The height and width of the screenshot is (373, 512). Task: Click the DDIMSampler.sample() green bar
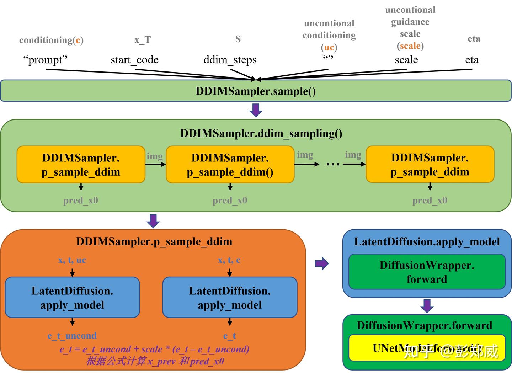click(256, 91)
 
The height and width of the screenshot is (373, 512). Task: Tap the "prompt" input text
click(45, 60)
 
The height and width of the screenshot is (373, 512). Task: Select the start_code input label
click(134, 60)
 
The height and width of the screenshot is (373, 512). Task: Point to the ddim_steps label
click(230, 60)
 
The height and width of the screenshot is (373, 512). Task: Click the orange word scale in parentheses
click(410, 46)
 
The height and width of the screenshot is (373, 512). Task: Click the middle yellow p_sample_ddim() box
click(230, 165)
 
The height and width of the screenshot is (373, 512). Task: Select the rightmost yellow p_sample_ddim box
click(430, 165)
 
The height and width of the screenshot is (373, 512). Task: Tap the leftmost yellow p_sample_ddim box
click(81, 165)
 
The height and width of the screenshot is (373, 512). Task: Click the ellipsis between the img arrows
click(333, 164)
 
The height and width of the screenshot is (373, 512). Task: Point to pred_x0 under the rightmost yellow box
click(430, 201)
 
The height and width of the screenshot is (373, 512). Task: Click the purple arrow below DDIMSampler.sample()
click(256, 110)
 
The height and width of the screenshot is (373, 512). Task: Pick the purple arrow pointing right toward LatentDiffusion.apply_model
click(322, 263)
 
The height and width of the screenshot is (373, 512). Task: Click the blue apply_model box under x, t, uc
click(72, 298)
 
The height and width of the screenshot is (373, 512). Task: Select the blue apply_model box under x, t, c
click(230, 298)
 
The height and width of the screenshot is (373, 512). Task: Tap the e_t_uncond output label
click(72, 336)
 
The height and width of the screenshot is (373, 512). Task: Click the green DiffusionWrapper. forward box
click(427, 272)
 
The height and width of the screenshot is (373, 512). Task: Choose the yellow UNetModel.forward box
click(427, 348)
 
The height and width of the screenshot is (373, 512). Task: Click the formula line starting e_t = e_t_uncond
click(154, 349)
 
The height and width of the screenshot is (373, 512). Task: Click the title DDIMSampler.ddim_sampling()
click(261, 133)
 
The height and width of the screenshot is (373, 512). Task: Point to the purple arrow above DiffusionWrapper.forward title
click(427, 306)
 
